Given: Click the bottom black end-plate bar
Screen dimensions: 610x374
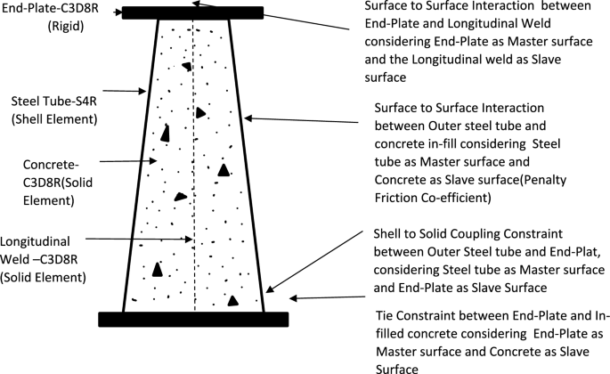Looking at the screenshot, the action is point(193,319).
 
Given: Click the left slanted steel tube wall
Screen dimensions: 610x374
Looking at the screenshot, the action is point(141,169).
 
